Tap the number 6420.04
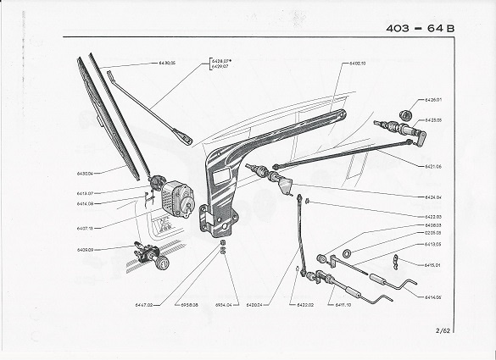255,304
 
